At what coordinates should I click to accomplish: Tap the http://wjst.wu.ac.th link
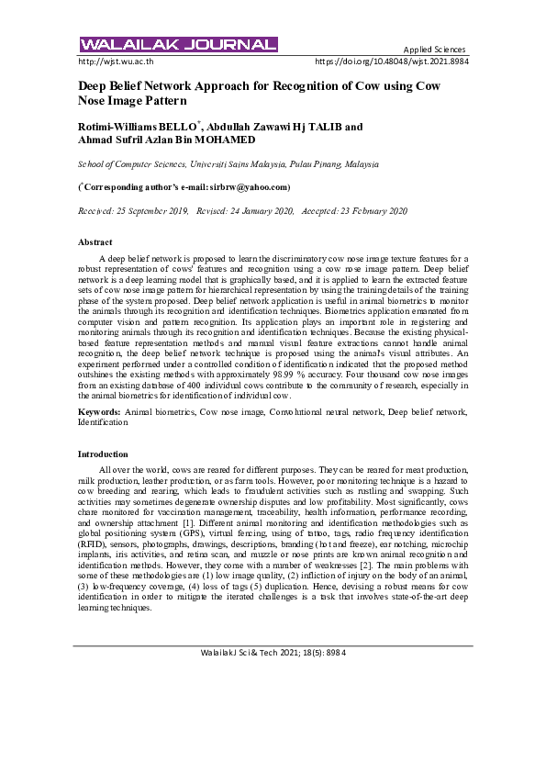[x=116, y=62]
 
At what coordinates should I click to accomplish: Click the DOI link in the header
[x=391, y=62]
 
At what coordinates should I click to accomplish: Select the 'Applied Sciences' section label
[x=434, y=50]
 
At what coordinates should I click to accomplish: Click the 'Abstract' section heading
[x=95, y=241]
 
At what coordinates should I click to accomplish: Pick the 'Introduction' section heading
[x=103, y=454]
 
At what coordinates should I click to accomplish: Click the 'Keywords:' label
[x=99, y=413]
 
